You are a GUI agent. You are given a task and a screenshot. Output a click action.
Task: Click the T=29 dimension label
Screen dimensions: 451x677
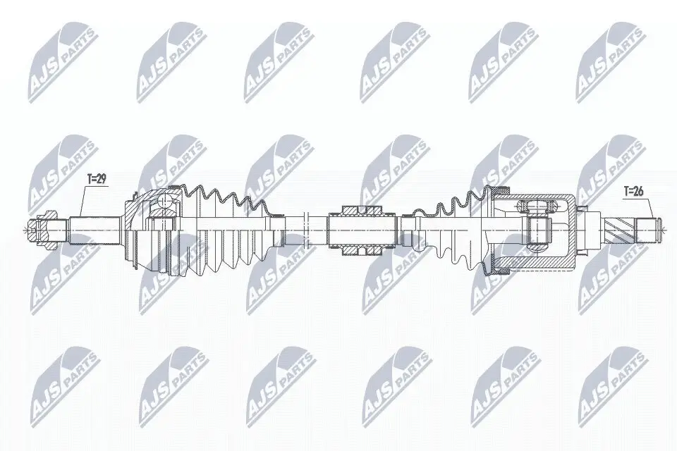coord(96,180)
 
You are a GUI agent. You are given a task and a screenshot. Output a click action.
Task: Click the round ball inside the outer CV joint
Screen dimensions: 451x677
coord(164,203)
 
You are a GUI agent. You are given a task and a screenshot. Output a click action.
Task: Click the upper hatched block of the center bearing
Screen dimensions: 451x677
coord(362,210)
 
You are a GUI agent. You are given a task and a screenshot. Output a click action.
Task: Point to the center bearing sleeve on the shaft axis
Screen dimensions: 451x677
coord(362,228)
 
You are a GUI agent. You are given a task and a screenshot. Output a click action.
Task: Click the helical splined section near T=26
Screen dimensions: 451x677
coord(621,228)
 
